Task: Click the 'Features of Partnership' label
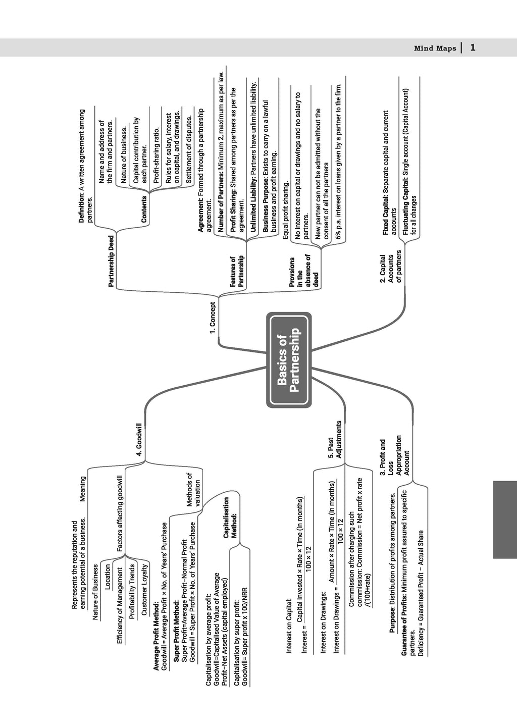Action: [237, 272]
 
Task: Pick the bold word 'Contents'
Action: [144, 209]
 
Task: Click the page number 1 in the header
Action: [473, 47]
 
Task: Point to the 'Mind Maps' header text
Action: [434, 48]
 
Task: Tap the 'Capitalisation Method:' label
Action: [230, 517]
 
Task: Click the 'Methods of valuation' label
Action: [193, 489]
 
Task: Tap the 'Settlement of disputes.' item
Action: [189, 149]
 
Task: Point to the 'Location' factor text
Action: [107, 577]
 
